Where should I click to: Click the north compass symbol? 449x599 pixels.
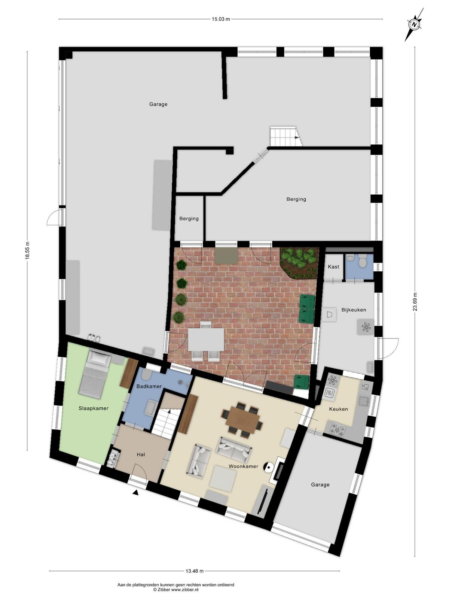click(x=414, y=25)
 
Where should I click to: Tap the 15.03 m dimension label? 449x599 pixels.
click(x=221, y=19)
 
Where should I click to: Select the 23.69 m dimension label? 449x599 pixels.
click(x=415, y=302)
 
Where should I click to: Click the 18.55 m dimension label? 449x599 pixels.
click(x=27, y=250)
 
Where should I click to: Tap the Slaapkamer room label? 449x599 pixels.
click(x=94, y=408)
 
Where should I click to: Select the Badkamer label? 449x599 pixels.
click(x=149, y=386)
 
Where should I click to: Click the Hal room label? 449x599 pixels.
click(x=141, y=454)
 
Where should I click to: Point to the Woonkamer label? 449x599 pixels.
click(x=243, y=466)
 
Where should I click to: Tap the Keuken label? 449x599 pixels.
click(x=338, y=409)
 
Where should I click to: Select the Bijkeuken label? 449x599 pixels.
click(x=354, y=310)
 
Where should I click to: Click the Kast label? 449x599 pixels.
click(x=333, y=267)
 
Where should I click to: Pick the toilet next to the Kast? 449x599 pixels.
click(x=363, y=260)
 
